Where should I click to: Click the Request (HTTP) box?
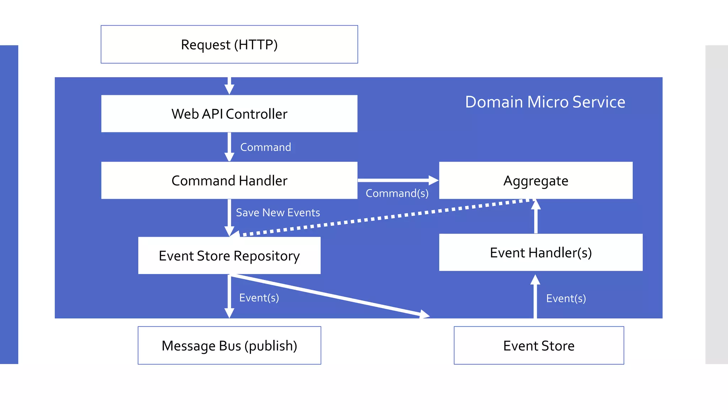229,44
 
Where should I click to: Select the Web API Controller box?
229,114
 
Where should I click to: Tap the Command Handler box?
229,180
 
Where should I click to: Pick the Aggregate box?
536,180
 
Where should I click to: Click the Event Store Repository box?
229,256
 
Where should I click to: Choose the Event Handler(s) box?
541,252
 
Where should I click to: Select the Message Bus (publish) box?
229,346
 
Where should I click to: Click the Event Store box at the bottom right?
539,346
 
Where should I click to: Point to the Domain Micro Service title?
545,102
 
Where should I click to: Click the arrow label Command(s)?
397,193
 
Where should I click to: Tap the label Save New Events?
278,212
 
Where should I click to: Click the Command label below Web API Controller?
266,147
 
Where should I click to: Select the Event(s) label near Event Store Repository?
259,298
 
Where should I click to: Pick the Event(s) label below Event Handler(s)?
566,298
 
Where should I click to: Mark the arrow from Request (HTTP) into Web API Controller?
229,85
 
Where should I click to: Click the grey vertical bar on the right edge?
716,205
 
